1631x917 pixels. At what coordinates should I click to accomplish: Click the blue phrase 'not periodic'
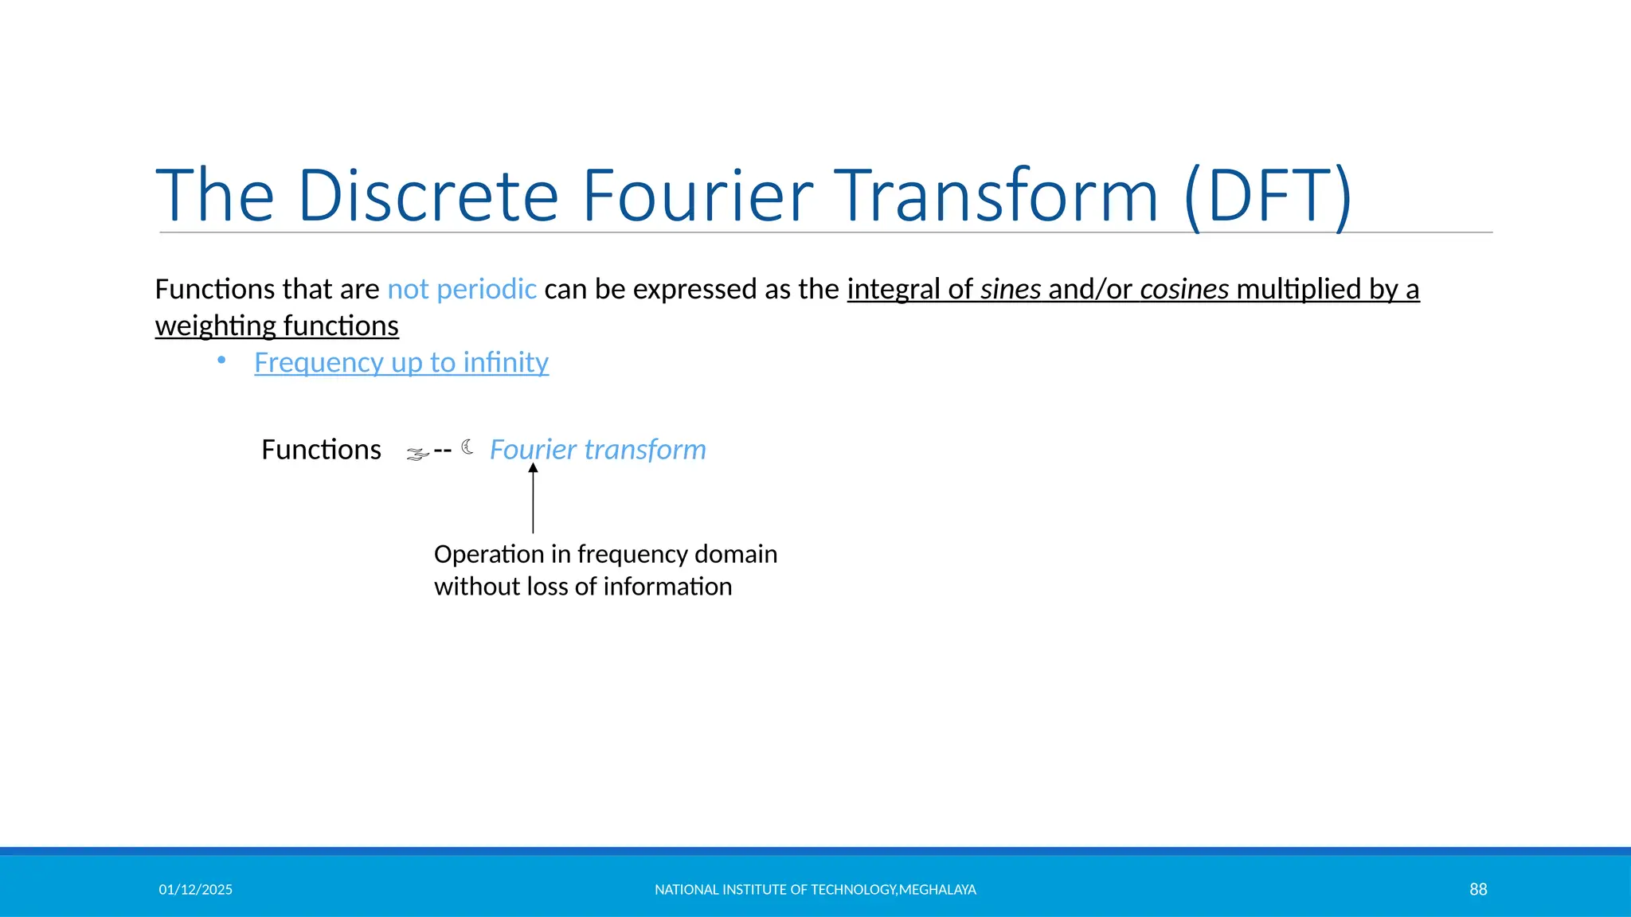pyautogui.click(x=462, y=289)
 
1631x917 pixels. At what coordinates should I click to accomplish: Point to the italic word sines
pyautogui.click(x=1011, y=289)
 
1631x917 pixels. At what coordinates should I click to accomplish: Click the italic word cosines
pyautogui.click(x=1184, y=289)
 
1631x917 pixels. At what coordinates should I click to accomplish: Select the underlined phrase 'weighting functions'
pyautogui.click(x=276, y=326)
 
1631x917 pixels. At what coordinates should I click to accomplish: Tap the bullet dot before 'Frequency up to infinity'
pyautogui.click(x=221, y=361)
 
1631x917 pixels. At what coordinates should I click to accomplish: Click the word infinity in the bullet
pyautogui.click(x=506, y=363)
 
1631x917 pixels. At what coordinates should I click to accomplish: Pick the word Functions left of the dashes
pyautogui.click(x=321, y=450)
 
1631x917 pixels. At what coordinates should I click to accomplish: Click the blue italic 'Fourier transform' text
pyautogui.click(x=597, y=450)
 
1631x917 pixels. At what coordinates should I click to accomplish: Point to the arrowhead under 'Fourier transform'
pyautogui.click(x=533, y=469)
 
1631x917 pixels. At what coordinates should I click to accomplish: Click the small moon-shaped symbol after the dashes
pyautogui.click(x=467, y=447)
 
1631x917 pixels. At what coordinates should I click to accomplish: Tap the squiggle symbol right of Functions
pyautogui.click(x=417, y=455)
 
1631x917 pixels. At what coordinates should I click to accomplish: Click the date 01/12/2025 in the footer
pyautogui.click(x=195, y=890)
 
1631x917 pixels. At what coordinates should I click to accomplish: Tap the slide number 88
pyautogui.click(x=1478, y=890)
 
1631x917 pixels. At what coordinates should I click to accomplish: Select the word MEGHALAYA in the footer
pyautogui.click(x=937, y=890)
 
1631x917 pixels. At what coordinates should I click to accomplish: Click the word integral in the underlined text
pyautogui.click(x=894, y=289)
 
